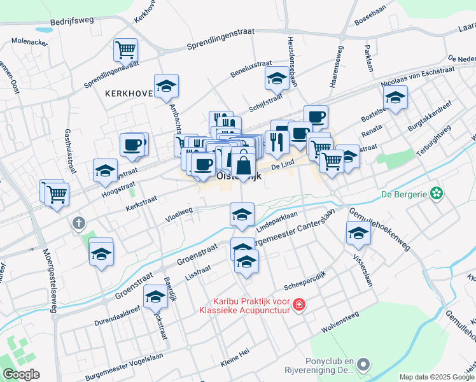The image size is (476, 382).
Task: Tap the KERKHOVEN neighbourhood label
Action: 130,93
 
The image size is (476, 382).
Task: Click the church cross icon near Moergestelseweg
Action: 78,223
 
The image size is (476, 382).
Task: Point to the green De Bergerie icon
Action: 436,192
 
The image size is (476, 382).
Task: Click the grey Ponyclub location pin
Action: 363,365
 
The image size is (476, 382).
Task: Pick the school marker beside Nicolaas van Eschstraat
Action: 395,97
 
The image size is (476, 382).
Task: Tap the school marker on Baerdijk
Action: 155,296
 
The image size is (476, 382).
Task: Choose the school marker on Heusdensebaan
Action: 277,78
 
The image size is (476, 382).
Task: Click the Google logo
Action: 21,374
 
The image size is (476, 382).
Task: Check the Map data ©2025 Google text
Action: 436,377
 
